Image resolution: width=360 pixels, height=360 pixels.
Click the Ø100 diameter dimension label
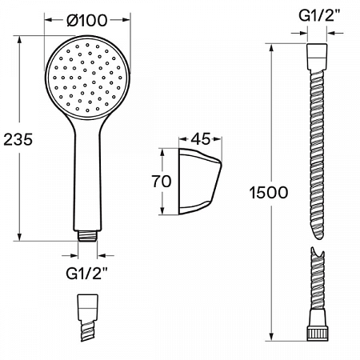pyautogui.click(x=87, y=20)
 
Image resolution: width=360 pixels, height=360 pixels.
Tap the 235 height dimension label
pyautogui.click(x=18, y=139)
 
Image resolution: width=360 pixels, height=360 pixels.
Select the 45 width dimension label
pyautogui.click(x=200, y=138)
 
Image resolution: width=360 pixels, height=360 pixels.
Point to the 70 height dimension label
pyautogui.click(x=162, y=182)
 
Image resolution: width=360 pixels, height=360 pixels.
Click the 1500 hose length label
pyautogui.click(x=269, y=193)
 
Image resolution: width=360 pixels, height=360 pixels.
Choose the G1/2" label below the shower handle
pyautogui.click(x=87, y=273)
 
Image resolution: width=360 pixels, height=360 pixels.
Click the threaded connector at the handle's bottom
pyautogui.click(x=87, y=236)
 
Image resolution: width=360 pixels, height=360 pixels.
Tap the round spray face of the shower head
pyautogui.click(x=87, y=78)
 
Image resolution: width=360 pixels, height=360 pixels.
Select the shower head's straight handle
pyautogui.click(x=87, y=176)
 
